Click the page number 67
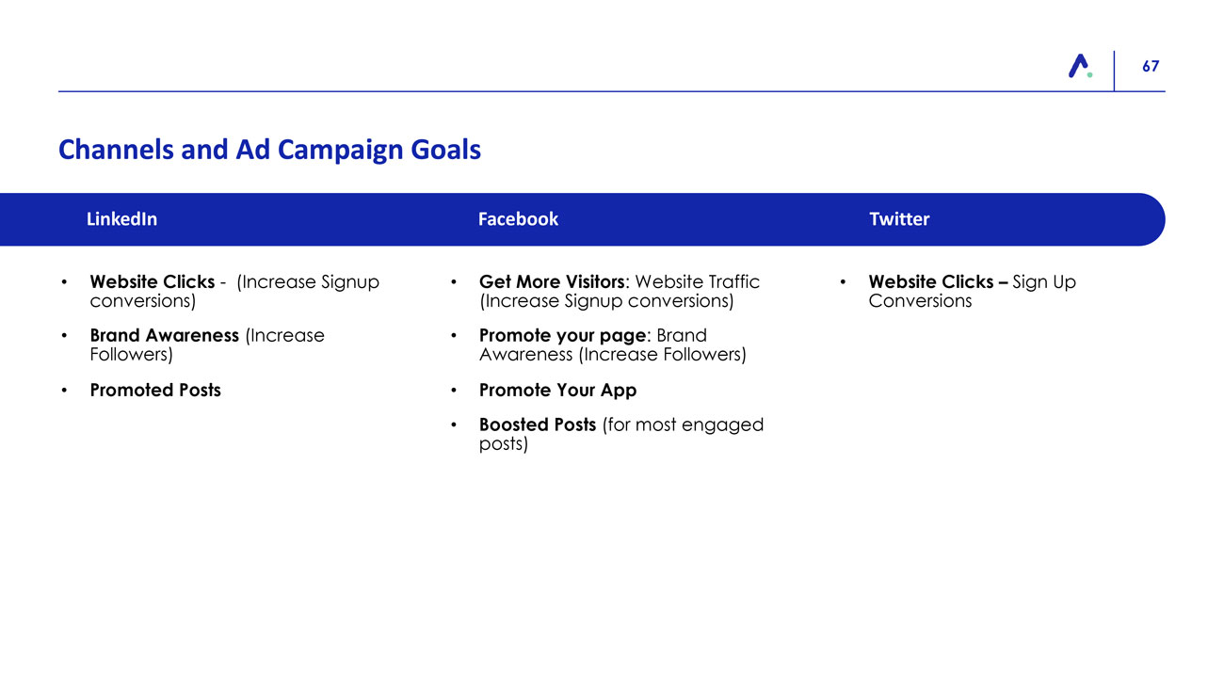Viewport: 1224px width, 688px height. point(1151,66)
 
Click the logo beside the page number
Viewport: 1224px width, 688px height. point(1080,66)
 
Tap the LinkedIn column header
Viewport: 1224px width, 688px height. point(121,219)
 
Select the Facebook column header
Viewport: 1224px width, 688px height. point(518,219)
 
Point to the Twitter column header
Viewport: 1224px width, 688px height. point(899,219)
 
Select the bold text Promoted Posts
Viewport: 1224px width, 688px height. point(155,390)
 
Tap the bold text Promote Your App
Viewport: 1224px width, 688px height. point(558,391)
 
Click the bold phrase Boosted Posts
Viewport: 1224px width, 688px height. point(538,424)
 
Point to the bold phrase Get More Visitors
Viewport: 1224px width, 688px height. point(552,281)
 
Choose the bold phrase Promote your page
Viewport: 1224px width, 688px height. point(562,336)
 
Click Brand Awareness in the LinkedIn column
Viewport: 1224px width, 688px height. point(165,335)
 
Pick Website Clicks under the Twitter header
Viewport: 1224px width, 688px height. point(931,281)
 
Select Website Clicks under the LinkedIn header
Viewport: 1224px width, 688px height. point(153,281)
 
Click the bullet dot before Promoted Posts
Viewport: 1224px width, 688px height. point(64,391)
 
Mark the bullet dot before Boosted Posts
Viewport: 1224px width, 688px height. point(454,424)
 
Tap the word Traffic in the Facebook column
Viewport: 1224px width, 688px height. point(734,281)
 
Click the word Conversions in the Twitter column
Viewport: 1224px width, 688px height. point(920,301)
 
